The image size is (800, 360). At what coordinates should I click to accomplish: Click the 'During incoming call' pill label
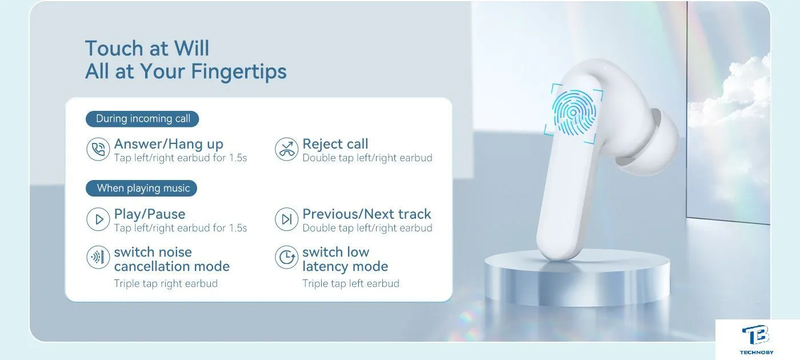click(x=142, y=119)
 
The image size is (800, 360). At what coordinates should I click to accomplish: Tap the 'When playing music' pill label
click(x=142, y=188)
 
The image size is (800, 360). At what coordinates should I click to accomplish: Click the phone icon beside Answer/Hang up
click(x=98, y=149)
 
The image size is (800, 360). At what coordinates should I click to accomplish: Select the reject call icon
click(x=286, y=149)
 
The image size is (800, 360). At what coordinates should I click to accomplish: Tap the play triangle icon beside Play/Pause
click(x=98, y=219)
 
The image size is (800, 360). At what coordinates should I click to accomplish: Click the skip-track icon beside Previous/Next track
click(x=286, y=219)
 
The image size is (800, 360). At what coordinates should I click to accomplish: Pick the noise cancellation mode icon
click(x=98, y=257)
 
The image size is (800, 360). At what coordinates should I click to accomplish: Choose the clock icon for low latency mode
click(x=286, y=257)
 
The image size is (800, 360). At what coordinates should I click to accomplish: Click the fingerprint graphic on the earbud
click(x=574, y=113)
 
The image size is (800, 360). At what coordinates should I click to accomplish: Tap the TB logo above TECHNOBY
click(x=755, y=335)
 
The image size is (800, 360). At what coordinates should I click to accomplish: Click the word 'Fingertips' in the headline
click(x=239, y=71)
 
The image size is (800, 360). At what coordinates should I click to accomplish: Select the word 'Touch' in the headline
click(x=114, y=48)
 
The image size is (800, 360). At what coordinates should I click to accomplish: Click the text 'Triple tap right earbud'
click(x=166, y=283)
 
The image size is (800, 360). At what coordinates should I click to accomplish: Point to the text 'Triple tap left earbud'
click(x=351, y=283)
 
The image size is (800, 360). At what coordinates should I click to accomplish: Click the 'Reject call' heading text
click(x=335, y=144)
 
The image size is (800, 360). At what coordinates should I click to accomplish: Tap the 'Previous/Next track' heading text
click(x=367, y=214)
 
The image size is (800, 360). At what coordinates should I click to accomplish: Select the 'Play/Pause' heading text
click(x=150, y=214)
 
